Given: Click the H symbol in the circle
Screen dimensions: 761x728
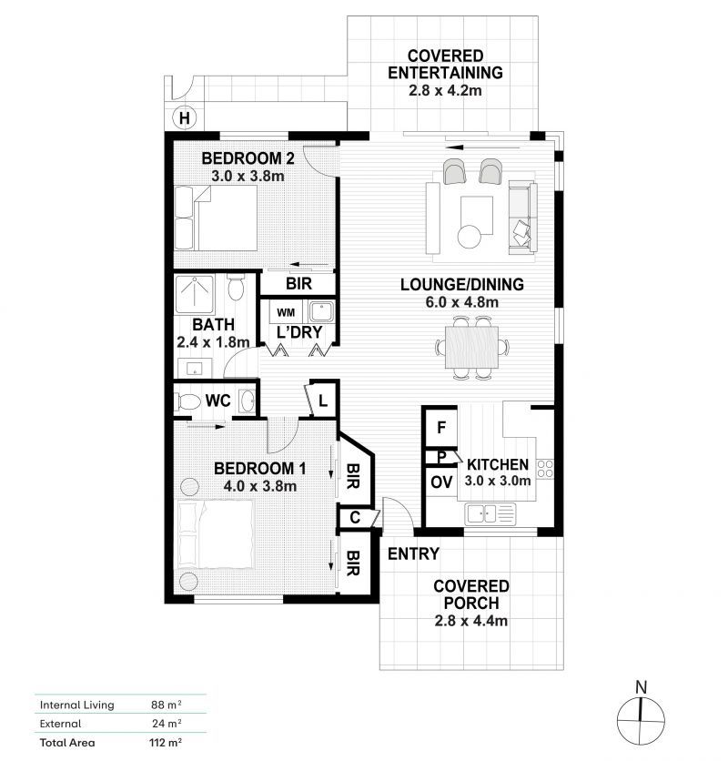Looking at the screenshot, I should pyautogui.click(x=185, y=117).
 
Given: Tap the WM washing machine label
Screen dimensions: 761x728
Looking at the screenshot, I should pyautogui.click(x=287, y=312).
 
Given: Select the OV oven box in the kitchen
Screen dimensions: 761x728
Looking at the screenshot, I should pyautogui.click(x=440, y=482).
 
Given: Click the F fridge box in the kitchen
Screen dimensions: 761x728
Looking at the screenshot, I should pyautogui.click(x=440, y=427).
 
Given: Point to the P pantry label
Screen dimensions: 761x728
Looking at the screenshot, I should pyautogui.click(x=440, y=457).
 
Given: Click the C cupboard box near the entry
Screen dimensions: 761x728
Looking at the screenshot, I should pyautogui.click(x=353, y=518).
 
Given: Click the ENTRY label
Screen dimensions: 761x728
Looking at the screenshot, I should pyautogui.click(x=413, y=553).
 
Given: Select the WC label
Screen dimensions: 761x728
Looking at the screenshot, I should pyautogui.click(x=217, y=401).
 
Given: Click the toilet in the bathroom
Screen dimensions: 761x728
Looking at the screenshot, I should pyautogui.click(x=237, y=289).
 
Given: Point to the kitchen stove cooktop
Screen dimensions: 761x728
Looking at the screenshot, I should pyautogui.click(x=546, y=469).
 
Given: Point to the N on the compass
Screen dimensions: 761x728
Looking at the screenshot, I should pyautogui.click(x=641, y=686).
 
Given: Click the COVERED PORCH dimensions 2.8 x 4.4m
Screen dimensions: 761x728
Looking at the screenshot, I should pyautogui.click(x=470, y=621).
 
